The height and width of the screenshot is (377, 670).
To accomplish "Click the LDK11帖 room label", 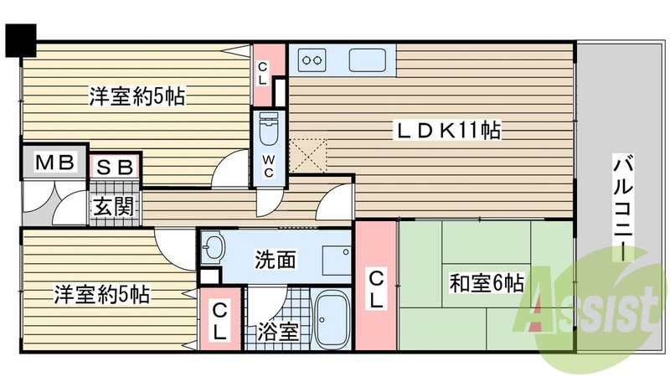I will click(x=448, y=131).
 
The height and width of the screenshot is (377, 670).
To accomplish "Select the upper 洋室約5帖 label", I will click(x=137, y=96).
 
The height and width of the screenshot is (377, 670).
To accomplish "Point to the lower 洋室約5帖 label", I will click(x=102, y=295).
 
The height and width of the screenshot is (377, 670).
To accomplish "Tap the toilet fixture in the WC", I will click(x=269, y=130).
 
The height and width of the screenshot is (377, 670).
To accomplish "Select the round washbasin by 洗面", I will click(x=215, y=247).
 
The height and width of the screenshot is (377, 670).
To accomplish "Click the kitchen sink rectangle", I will click(x=368, y=61).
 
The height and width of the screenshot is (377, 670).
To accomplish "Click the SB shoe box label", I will click(x=115, y=167).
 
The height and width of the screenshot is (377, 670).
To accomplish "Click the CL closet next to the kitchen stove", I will click(x=263, y=74).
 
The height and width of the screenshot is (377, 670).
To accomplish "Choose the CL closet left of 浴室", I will click(x=219, y=322).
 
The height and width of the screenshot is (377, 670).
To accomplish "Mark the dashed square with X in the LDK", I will click(x=309, y=155).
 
